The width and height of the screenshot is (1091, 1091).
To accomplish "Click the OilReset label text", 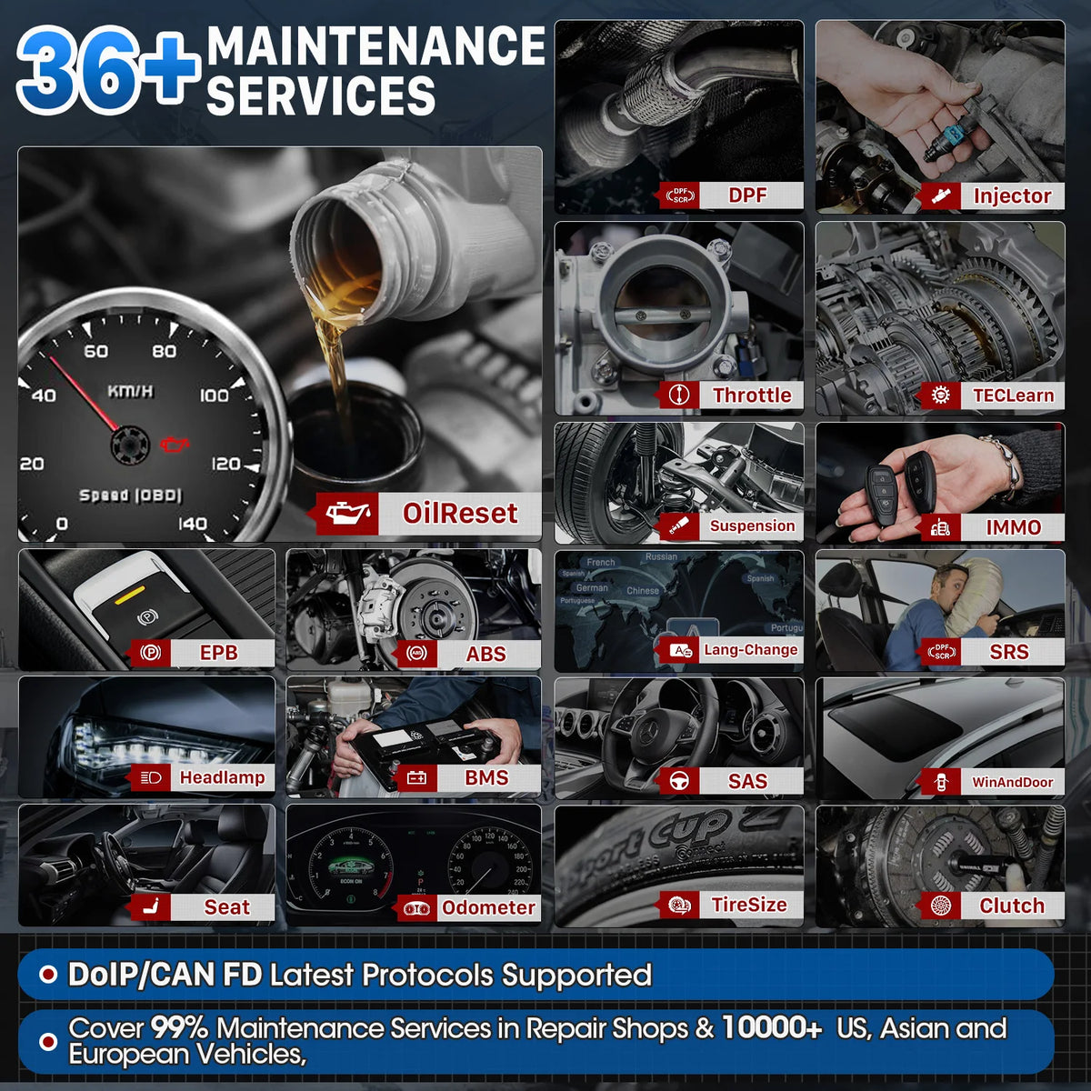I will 460,513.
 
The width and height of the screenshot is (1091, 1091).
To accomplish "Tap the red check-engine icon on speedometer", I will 175,443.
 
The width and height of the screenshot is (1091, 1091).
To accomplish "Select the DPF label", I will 747,195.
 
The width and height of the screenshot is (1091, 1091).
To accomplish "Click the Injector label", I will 1011,195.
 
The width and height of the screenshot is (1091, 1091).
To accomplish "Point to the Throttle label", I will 751,395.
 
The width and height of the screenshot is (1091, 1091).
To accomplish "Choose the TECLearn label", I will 1013,395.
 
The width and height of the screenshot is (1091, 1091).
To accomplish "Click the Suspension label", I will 752,525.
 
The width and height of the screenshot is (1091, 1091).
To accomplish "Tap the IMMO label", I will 1013,527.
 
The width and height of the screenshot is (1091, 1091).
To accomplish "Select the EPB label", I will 218,652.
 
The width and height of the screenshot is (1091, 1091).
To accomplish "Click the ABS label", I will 485,654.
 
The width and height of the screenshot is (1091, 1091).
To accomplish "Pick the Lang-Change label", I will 750,649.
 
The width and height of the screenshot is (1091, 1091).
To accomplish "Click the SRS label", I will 1009,651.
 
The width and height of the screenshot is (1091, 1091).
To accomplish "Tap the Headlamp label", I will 222,777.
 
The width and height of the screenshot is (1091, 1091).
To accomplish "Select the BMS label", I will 486,777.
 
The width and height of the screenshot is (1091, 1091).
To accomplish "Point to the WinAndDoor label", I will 1012,782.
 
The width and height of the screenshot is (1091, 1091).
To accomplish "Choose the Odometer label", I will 488,907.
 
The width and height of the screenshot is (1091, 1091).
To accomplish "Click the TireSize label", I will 749,904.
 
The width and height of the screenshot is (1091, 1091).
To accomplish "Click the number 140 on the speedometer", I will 192,524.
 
